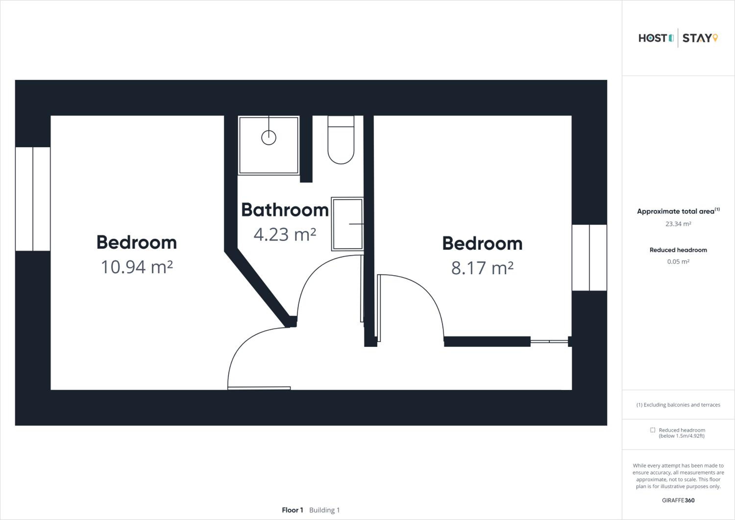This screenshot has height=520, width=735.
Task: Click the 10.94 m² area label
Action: (137, 267)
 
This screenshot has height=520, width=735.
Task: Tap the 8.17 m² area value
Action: (482, 268)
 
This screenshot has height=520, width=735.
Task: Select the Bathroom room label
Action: (285, 210)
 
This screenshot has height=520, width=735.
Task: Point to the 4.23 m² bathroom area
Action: (285, 234)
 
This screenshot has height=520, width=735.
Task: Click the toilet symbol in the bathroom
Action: (341, 140)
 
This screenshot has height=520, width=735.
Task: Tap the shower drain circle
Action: (269, 138)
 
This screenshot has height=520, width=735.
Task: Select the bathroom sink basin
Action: (347, 224)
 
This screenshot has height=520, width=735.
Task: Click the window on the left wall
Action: (33, 199)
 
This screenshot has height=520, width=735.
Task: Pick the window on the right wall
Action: (589, 258)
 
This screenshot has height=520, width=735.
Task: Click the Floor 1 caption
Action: (292, 510)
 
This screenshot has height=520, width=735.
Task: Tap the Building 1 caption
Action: (324, 510)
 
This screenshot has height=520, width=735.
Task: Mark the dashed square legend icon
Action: (652, 430)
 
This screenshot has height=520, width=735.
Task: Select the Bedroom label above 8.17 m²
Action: (482, 244)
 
